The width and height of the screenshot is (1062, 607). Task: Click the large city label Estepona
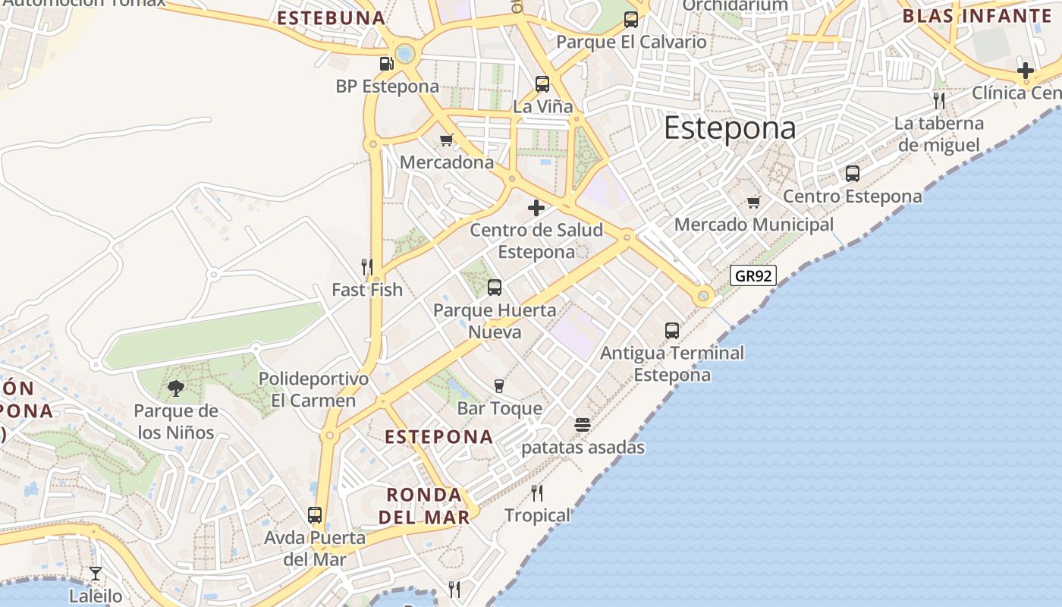point(730,128)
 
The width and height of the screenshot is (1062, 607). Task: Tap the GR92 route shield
point(753,275)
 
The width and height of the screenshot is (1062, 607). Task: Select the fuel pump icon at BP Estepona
point(386,64)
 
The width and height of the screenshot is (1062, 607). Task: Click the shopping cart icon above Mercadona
point(446,140)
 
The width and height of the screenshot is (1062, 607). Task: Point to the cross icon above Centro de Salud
point(536,207)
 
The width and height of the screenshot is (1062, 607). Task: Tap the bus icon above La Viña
point(542,83)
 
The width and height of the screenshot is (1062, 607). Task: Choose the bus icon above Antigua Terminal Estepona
point(672,330)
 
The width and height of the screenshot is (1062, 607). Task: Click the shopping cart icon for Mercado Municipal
point(753,202)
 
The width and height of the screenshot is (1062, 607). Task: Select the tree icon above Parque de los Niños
point(176,388)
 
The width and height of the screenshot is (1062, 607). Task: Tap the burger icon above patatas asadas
point(583,425)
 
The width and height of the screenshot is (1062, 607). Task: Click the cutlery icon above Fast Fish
point(367,266)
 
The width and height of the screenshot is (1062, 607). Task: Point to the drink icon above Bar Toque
point(498,386)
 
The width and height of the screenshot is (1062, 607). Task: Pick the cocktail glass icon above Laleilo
point(96,573)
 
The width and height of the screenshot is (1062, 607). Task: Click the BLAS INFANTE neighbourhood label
point(977,15)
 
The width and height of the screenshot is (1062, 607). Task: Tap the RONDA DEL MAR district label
point(424,506)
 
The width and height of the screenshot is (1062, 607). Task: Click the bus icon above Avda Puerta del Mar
point(315,515)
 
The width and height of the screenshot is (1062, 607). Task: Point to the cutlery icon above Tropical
point(537,493)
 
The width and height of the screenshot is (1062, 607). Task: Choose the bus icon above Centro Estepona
point(853,174)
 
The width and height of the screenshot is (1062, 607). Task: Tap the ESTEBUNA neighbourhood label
point(331,18)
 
